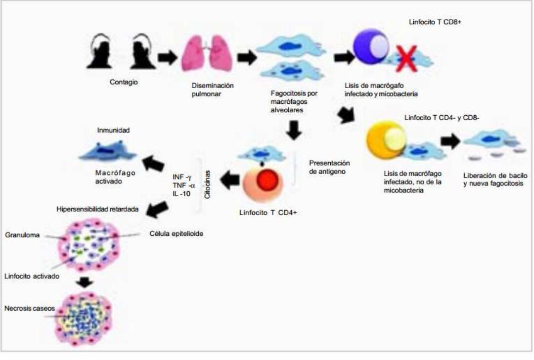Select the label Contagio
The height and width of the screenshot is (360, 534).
[x=124, y=82]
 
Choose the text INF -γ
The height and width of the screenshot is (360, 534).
[x=185, y=177]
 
